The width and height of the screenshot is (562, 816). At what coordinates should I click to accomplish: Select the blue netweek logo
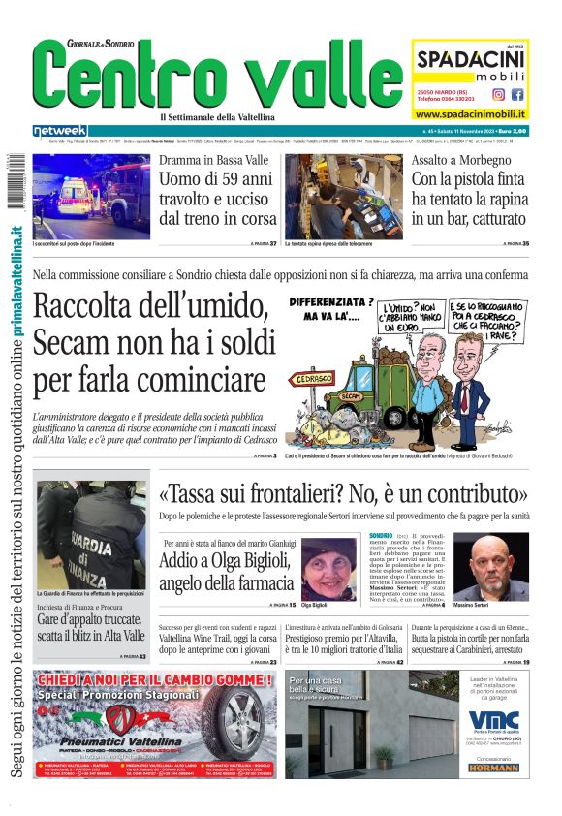pyautogui.click(x=59, y=131)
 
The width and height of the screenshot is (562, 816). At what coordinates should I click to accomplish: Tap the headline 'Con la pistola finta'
pyautogui.click(x=470, y=180)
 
